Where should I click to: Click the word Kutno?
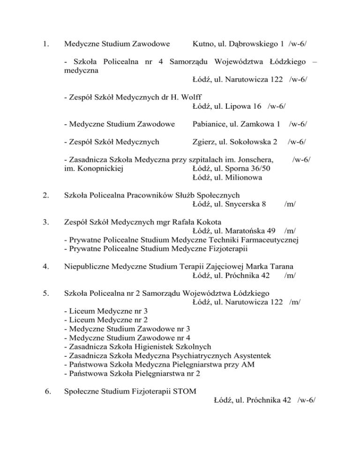[x=203, y=45]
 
